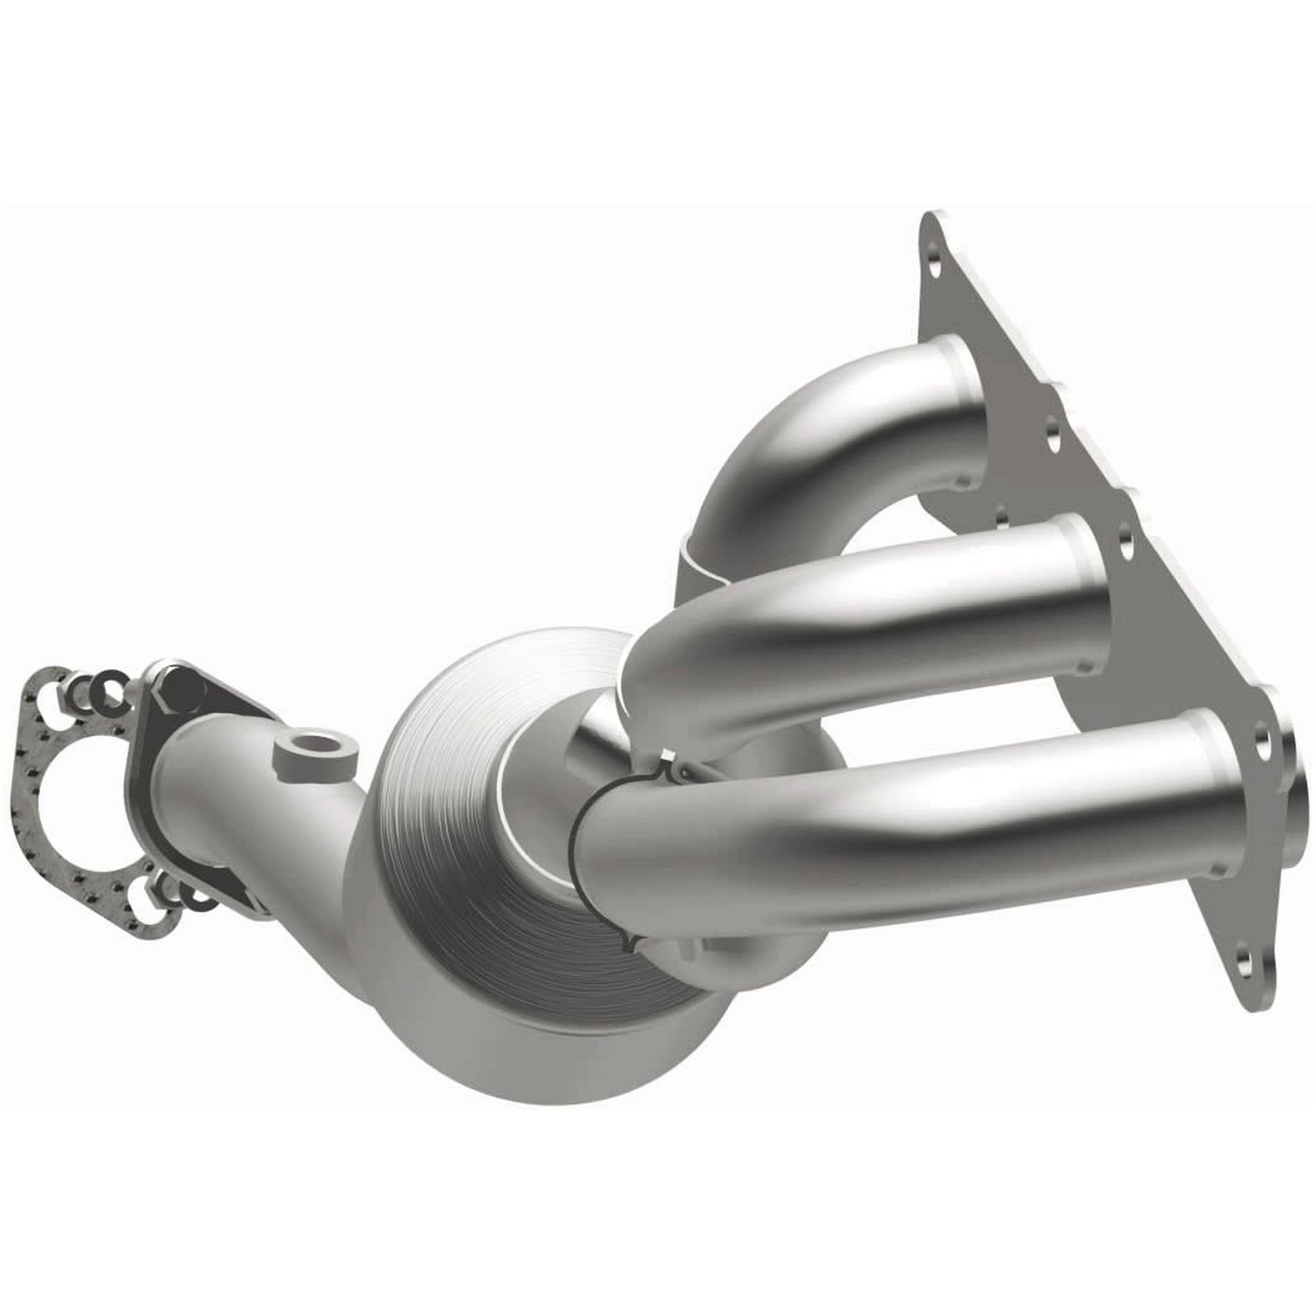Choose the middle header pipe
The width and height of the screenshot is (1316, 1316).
pos(851,600)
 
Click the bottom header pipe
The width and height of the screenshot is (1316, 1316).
pos(885,845)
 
